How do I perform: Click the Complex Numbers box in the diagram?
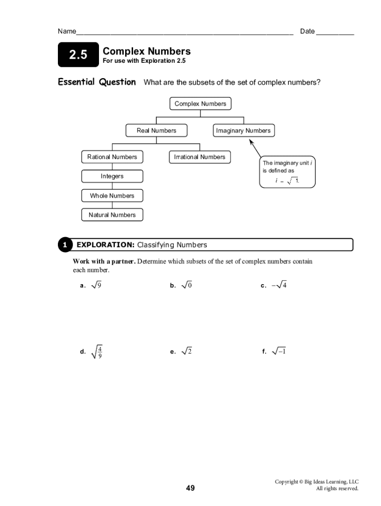point(200,104)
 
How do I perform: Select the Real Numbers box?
point(156,130)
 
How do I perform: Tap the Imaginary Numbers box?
point(243,130)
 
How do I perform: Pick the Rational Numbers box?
point(112,157)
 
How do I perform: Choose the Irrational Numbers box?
point(199,157)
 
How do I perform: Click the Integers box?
point(112,176)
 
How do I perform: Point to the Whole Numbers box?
point(112,196)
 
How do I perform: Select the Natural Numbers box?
point(112,215)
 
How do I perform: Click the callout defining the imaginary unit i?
point(287,172)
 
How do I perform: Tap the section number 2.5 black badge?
point(78,55)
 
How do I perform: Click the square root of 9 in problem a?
point(96,285)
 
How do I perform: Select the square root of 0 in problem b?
point(187,285)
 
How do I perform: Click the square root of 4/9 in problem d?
point(97,352)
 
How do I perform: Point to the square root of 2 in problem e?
point(187,351)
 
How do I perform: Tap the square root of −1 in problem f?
point(279,351)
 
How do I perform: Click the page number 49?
point(190,488)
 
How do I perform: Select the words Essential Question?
point(96,82)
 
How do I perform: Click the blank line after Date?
point(335,33)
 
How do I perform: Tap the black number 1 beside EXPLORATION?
point(64,245)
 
